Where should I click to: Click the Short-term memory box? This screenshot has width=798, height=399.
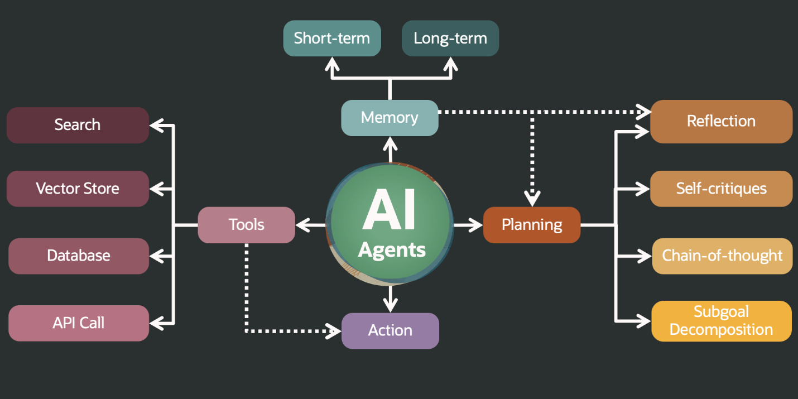[x=332, y=39]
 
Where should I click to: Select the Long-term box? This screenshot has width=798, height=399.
[x=450, y=39]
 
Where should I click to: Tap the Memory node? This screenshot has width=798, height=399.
[x=390, y=118]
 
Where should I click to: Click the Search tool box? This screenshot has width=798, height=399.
[x=78, y=125]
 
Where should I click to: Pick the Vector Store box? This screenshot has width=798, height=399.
[x=78, y=189]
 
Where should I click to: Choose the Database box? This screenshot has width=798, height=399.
[x=79, y=256]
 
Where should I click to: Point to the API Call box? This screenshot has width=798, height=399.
[x=79, y=323]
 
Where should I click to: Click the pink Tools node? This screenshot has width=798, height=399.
[x=246, y=225]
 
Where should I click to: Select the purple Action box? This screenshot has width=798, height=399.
[x=390, y=331]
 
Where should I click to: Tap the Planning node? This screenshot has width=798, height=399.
[x=532, y=225]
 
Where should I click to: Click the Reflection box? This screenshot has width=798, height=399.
[x=721, y=122]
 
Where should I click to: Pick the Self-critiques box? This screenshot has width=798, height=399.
[x=721, y=189]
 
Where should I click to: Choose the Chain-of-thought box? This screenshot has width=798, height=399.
[x=722, y=256]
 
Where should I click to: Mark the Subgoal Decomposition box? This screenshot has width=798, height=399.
[x=721, y=321]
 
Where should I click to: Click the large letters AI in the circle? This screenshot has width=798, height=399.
[x=389, y=210]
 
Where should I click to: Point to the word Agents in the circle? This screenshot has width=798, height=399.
[x=392, y=249]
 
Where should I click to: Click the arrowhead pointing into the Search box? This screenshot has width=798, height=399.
[x=157, y=126]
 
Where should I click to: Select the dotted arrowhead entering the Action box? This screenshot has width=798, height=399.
[x=334, y=331]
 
